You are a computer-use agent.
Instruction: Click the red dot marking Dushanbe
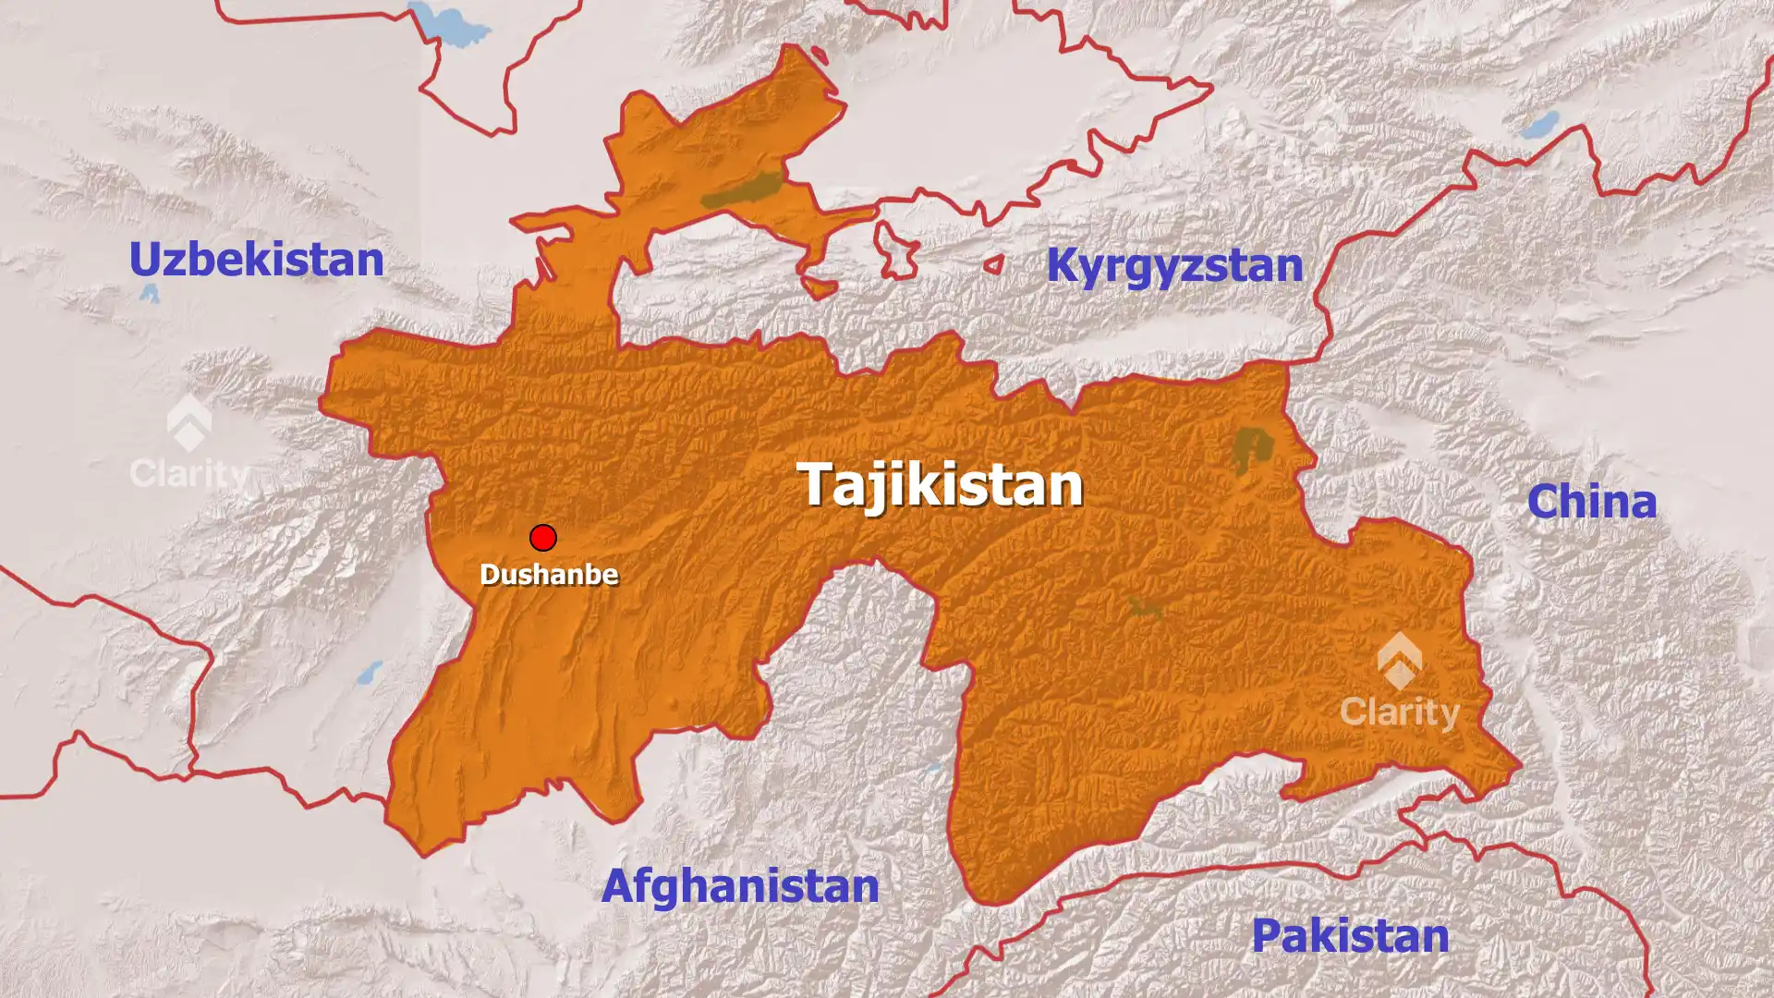543,538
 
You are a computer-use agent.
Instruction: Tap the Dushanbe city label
549,575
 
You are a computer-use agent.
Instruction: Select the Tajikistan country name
940,484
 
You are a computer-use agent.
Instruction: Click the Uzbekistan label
256,260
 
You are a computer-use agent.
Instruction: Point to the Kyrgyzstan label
1174,266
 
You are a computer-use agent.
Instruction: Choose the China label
1591,502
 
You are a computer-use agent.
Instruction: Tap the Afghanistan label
740,886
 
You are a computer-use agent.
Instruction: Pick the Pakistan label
1350,936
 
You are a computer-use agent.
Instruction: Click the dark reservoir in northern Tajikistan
742,190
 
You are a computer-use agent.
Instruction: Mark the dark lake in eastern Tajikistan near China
1251,448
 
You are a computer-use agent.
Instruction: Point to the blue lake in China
1540,125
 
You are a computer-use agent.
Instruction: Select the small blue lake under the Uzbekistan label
150,294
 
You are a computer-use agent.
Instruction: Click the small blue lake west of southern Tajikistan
370,672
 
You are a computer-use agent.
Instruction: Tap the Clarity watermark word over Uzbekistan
189,474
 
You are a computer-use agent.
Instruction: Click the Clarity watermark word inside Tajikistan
1400,712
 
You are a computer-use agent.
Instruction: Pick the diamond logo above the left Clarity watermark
189,423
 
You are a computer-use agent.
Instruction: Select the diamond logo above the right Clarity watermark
1400,660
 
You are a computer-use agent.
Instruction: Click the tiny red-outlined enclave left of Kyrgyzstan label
994,265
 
